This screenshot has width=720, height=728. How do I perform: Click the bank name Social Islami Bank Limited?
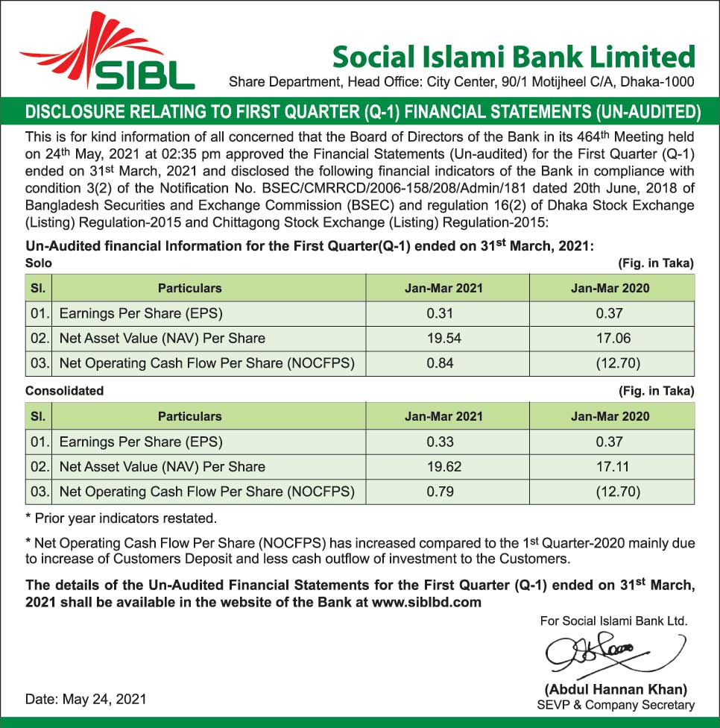(514, 57)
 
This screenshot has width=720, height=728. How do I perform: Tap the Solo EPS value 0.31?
(440, 313)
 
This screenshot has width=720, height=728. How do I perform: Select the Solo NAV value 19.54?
(443, 338)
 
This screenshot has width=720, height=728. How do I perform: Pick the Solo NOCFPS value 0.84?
(440, 363)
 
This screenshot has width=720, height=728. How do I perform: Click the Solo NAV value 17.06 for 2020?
(613, 338)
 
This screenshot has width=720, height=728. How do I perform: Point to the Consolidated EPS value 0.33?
(440, 442)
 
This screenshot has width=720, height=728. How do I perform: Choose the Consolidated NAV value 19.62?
(443, 467)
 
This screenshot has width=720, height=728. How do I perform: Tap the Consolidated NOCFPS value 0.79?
(440, 492)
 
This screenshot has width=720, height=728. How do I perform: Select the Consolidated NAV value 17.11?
(613, 467)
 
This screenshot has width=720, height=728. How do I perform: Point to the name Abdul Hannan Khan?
(616, 689)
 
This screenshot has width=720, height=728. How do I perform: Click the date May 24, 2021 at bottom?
(86, 700)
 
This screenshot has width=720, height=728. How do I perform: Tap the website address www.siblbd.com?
(425, 602)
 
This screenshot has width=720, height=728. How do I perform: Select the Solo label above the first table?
(39, 263)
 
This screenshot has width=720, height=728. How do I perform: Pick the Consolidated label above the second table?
(65, 391)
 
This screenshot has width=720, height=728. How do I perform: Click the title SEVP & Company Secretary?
(616, 705)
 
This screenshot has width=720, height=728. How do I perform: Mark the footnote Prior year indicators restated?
(121, 518)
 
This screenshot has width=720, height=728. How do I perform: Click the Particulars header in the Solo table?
(189, 288)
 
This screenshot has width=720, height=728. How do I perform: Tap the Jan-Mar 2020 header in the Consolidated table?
(610, 416)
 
